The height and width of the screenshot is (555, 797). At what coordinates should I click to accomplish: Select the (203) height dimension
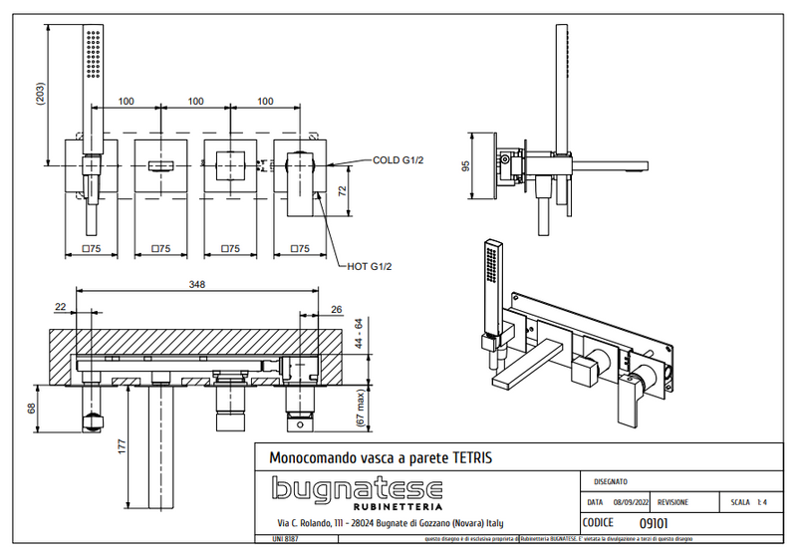point(39,95)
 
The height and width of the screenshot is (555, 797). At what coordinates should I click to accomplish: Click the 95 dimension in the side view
point(466,165)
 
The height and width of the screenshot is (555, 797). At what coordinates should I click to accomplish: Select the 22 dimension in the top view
point(61,308)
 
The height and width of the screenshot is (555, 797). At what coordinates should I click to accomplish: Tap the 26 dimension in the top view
point(335,308)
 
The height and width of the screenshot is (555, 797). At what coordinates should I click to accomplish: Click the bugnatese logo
point(358,492)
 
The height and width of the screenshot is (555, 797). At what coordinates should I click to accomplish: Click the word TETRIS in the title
point(467,457)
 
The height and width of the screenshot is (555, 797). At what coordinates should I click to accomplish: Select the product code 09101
point(653,522)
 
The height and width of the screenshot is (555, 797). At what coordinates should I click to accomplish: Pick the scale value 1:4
point(762,503)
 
